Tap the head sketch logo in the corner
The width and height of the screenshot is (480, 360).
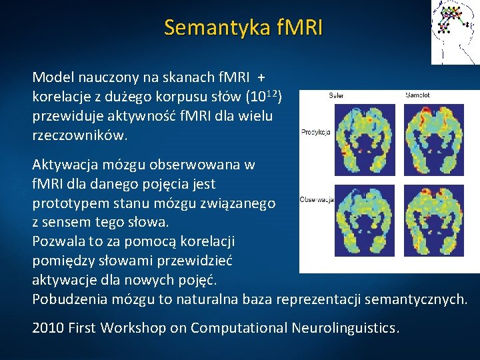click(x=455, y=31)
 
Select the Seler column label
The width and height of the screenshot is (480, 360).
click(x=337, y=95)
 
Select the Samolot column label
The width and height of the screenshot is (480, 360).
click(x=418, y=95)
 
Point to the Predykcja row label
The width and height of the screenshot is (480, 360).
click(x=315, y=131)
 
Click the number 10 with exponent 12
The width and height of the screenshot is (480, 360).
click(x=262, y=97)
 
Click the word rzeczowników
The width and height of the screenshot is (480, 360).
click(x=79, y=135)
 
